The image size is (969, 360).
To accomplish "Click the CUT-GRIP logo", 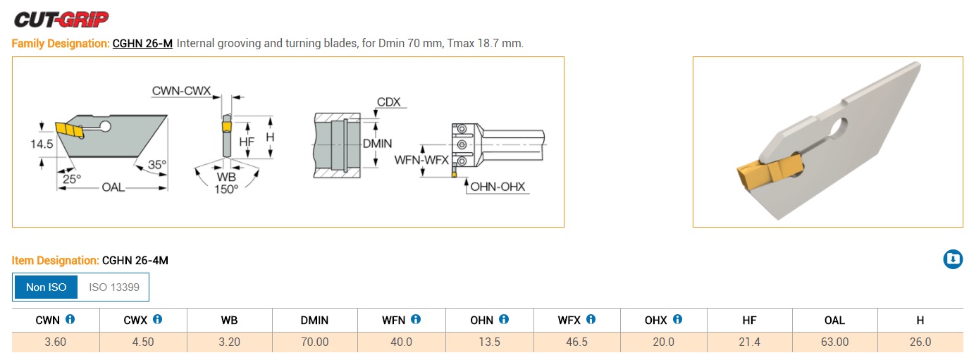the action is coord(61,20).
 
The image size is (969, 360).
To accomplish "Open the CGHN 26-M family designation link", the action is coord(142,44).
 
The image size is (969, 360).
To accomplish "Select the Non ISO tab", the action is coord(46,287).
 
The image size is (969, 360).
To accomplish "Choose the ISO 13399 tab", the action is coord(113,287).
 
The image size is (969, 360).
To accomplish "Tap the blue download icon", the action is coord(953,259).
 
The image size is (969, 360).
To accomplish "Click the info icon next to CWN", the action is coord(70,319).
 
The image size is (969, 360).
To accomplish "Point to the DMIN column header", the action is coord(314,320).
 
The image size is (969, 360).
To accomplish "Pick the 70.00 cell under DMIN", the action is coord(315,342).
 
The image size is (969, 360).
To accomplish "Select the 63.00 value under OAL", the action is coord(834,342).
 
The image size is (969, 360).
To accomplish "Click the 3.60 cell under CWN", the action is coord(56,342).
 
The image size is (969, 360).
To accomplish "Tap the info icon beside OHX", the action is coord(677,319).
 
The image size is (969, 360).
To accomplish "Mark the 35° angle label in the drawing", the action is coord(156,165).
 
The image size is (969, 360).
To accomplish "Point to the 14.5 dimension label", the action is coord(42,144).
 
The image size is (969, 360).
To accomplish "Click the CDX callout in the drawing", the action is coord(388,102).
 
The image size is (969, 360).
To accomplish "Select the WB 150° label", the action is coord(226,183).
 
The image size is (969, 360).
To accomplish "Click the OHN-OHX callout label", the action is coord(498,187).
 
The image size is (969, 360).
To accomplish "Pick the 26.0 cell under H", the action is coord(920,342).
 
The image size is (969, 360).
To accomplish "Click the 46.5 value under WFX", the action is coord(576,342).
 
